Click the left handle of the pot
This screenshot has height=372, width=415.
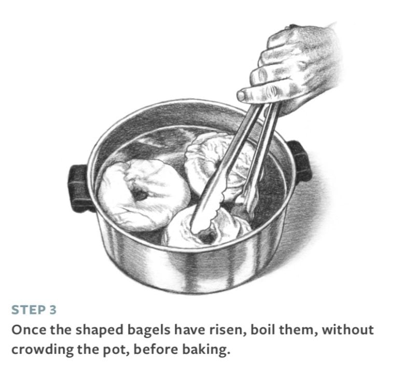tap(79, 187)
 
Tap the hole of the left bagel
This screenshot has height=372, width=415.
tap(140, 196)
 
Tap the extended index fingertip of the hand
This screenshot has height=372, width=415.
tap(242, 95)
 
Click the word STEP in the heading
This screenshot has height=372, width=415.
tap(29, 310)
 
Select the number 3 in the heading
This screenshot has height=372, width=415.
tap(53, 310)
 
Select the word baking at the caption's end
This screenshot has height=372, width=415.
tap(205, 350)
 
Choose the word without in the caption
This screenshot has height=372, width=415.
tap(348, 329)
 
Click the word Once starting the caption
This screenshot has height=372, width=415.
tap(29, 330)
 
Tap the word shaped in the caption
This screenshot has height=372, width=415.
tap(99, 330)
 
